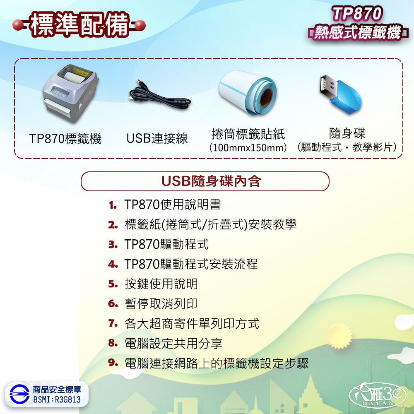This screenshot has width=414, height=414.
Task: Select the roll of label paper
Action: pos(248,92)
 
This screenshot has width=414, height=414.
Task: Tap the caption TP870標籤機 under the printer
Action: pos(65,139)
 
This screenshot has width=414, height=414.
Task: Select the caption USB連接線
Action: pos(157,138)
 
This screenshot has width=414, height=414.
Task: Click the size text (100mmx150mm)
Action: pos(248,148)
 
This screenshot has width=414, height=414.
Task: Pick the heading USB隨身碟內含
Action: pos(211,181)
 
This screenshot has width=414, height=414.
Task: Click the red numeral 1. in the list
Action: pos(113,205)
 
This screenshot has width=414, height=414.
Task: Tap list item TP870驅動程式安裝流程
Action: pos(191,264)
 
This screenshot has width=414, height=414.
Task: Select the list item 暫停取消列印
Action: pos(161,303)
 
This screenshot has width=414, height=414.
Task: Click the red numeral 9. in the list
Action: pos(113,363)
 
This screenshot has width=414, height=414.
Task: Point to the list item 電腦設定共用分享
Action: pos(173,343)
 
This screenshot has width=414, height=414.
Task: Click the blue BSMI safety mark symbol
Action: pos(19,394)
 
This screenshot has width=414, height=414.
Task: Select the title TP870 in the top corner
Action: pos(357,14)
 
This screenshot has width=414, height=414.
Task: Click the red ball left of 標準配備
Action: pos(18,25)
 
